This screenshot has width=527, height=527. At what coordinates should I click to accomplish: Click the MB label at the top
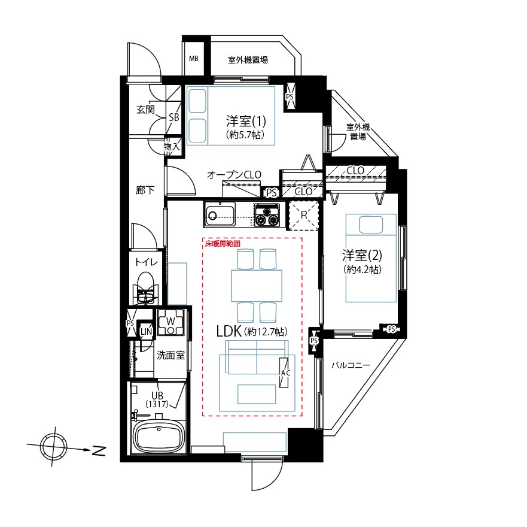point(193,59)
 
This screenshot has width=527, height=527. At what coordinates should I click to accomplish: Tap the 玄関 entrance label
point(145,110)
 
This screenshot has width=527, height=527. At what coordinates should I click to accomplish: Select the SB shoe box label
point(173,117)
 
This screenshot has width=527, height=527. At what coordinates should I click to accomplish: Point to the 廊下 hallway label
point(145,190)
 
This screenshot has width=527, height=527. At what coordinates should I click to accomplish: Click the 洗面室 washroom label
point(170,355)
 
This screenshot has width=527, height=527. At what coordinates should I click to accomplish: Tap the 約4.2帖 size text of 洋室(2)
point(362,269)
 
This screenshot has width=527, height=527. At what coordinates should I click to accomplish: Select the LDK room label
point(229,331)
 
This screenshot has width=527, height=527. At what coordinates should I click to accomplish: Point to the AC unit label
point(285,372)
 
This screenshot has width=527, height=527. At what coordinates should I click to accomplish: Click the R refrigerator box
point(303,215)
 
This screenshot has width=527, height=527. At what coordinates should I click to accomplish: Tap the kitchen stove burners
point(267,214)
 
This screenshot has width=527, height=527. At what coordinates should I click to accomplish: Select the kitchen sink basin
point(220,214)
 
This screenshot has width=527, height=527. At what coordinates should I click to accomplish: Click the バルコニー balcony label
point(350,365)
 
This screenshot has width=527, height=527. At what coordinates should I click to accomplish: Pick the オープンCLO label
point(234,174)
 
